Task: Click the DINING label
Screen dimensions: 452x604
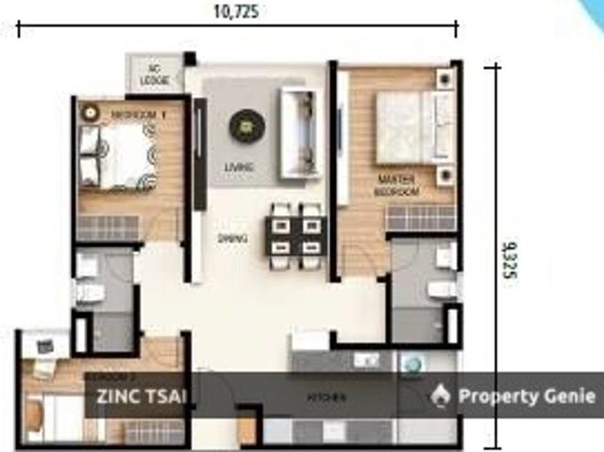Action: click(x=232, y=239)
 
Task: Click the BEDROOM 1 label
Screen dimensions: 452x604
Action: click(x=138, y=115)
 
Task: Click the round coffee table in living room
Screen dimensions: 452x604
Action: click(x=244, y=123)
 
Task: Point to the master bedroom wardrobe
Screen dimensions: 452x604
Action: click(x=421, y=218)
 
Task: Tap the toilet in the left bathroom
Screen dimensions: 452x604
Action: click(x=90, y=293)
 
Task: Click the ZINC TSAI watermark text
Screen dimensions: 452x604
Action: click(x=142, y=395)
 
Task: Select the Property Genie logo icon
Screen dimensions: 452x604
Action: click(x=440, y=395)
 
